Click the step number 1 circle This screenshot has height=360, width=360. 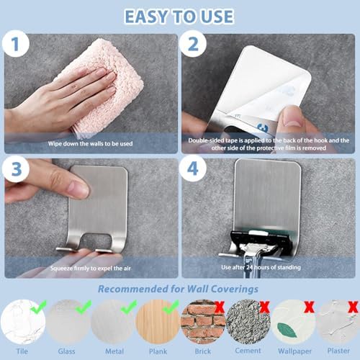tap(16, 44)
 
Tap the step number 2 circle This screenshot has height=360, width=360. tap(193, 44)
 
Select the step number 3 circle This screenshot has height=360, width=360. tap(16, 168)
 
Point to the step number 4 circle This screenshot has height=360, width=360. tap(193, 168)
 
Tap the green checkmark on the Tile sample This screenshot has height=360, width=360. tap(38, 307)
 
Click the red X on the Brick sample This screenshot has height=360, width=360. tap(220, 307)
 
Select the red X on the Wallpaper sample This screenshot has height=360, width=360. tap(310, 307)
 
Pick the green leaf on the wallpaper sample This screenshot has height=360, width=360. tap(287, 330)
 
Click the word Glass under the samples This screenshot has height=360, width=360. tap(66, 351)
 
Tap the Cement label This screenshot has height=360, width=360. tap(248, 351)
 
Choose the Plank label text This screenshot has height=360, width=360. tap(158, 351)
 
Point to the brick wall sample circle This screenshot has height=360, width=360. tap(203, 322)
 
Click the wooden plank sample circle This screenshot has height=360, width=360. tap(158, 322)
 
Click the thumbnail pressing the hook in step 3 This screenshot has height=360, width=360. tap(78, 189)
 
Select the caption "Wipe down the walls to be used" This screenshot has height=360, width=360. tap(90, 143)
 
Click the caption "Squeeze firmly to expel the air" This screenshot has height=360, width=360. tap(91, 268)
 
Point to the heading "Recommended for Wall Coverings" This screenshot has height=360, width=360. tap(178, 289)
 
